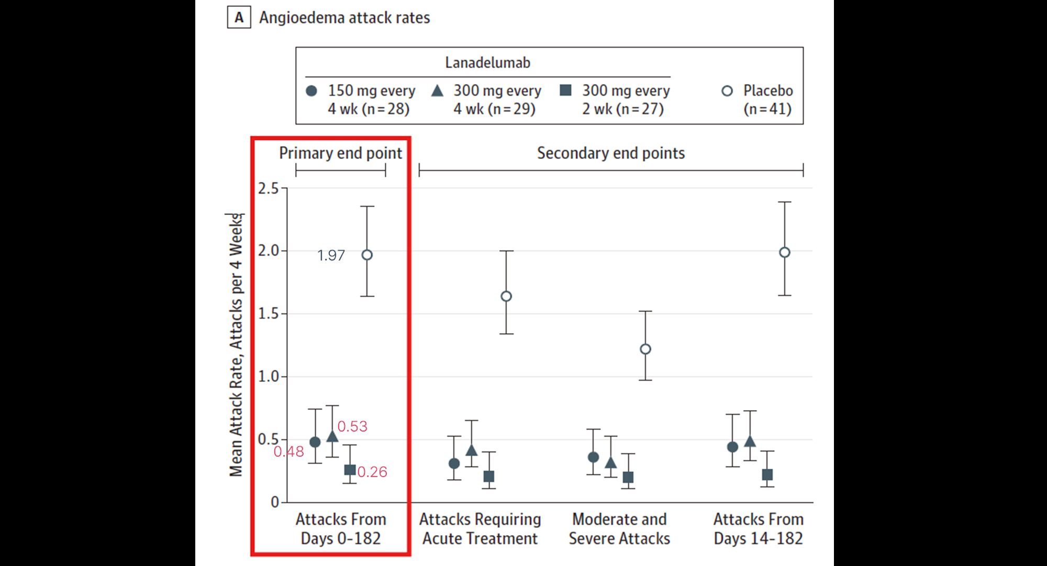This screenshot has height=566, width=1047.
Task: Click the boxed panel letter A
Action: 239,17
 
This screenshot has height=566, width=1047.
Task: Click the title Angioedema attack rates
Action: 344,18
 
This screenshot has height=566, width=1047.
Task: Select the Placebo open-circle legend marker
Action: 727,91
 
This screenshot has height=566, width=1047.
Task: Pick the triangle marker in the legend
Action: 437,91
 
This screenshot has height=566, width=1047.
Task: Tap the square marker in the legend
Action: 565,90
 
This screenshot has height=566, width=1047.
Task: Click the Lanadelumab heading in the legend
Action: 487,63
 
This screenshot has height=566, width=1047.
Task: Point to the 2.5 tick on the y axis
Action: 268,188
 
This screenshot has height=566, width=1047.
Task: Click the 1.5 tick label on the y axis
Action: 268,314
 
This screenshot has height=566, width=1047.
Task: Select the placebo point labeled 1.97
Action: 367,255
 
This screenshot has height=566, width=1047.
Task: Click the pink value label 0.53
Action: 352,426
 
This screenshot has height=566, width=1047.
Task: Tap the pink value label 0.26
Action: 372,472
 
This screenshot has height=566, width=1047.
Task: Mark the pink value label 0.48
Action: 288,451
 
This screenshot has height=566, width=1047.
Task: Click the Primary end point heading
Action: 340,153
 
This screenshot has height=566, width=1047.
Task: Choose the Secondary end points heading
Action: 610,153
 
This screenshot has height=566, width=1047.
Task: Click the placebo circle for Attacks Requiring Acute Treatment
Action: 506,296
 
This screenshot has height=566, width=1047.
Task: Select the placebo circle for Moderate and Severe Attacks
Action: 645,349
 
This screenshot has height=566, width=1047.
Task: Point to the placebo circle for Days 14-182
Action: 784,253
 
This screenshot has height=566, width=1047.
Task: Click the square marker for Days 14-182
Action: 767,474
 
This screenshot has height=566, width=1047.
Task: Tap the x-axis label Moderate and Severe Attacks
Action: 619,528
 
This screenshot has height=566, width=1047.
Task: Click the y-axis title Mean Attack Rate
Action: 236,345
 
